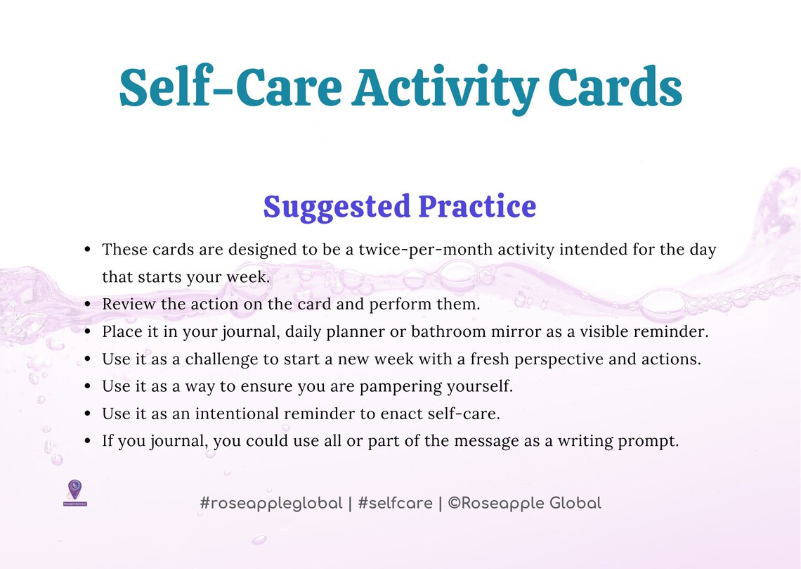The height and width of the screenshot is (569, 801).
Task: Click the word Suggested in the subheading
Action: pyautogui.click(x=336, y=207)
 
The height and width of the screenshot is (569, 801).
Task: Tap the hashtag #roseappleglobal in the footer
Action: pyautogui.click(x=271, y=504)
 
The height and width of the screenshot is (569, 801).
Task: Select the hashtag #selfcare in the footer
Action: pyautogui.click(x=395, y=504)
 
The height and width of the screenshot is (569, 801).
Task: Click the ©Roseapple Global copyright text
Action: pyautogui.click(x=524, y=504)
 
